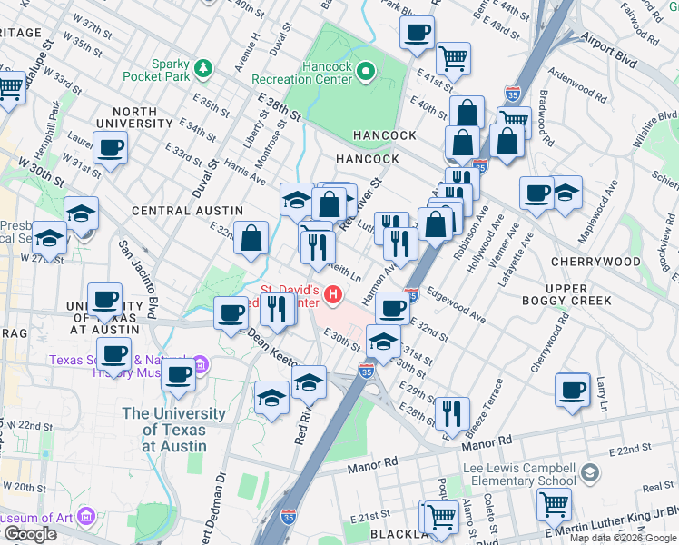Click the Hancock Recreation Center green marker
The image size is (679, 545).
coord(366,71)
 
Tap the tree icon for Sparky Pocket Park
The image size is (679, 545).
coord(204,68)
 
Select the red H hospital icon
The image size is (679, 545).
coord(334,294)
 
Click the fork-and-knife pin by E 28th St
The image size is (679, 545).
coord(451,412)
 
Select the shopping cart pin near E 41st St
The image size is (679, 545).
coord(452,58)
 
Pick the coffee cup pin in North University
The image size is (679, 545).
coord(110,147)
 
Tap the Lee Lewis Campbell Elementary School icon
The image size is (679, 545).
coord(591,472)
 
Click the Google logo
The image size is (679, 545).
coord(29,534)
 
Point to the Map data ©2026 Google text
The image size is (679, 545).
coord(624,538)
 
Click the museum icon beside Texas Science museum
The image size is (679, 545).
coord(202,365)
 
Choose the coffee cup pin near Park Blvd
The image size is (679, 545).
coord(417,33)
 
